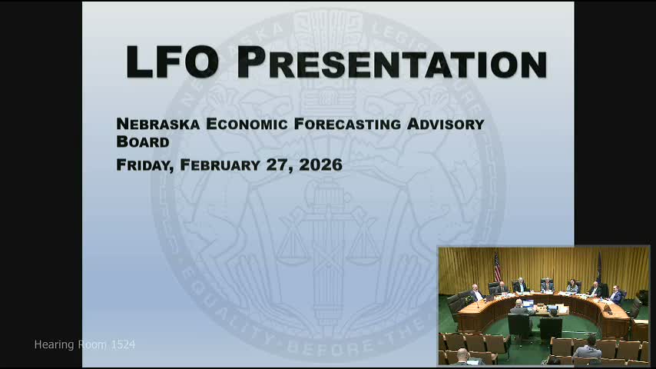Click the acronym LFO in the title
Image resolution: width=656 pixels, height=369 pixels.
pyautogui.click(x=172, y=62)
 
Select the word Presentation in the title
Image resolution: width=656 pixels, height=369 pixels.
pyautogui.click(x=392, y=62)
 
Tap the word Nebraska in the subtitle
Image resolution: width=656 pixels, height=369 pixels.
pyautogui.click(x=158, y=124)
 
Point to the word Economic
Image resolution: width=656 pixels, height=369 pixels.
pyautogui.click(x=247, y=124)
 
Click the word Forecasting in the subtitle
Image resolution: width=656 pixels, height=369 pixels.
pyautogui.click(x=348, y=124)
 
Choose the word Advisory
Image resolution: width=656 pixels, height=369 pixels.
pyautogui.click(x=446, y=124)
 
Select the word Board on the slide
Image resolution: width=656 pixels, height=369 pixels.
pyautogui.click(x=143, y=141)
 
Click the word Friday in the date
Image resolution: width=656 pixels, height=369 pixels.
pyautogui.click(x=145, y=165)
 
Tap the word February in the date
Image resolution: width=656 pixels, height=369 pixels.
pyautogui.click(x=220, y=165)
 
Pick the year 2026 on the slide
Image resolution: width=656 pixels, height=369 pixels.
pyautogui.click(x=320, y=165)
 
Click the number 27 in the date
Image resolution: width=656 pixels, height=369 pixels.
pyautogui.click(x=279, y=165)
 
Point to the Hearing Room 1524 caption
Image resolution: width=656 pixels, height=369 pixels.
pyautogui.click(x=84, y=344)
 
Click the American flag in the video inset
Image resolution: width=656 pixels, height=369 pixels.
pyautogui.click(x=497, y=267)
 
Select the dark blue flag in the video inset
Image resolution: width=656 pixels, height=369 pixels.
pyautogui.click(x=599, y=268)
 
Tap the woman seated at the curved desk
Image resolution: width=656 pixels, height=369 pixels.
pyautogui.click(x=572, y=286)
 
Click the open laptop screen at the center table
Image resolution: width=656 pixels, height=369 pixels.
pyautogui.click(x=528, y=304)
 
